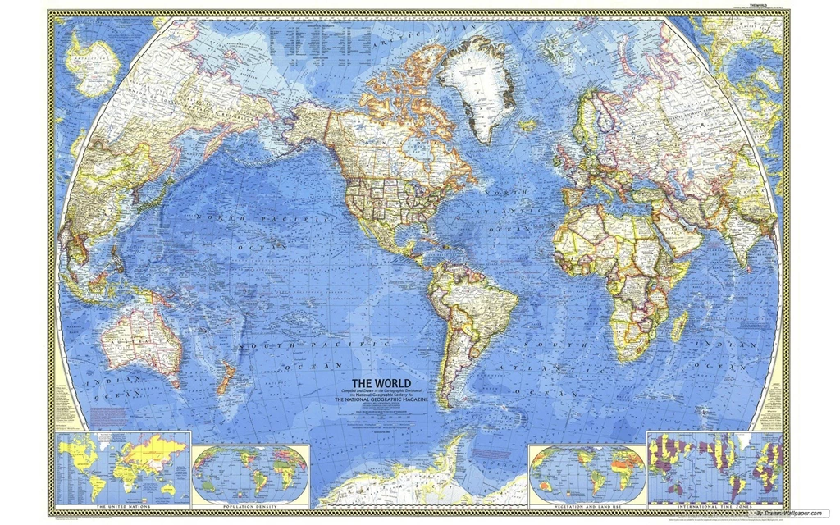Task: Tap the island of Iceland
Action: (x=528, y=125)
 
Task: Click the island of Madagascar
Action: (x=679, y=325)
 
